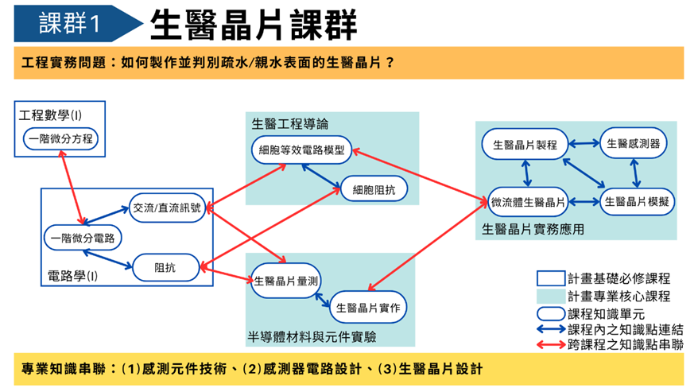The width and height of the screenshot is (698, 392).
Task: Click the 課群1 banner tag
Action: point(70,23)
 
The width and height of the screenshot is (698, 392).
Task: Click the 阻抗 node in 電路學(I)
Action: point(165,267)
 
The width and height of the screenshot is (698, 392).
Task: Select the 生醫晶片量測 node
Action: point(286,281)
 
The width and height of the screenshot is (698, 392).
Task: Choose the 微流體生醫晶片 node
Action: point(527,203)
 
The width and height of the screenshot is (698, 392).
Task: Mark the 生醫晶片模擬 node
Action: point(636,202)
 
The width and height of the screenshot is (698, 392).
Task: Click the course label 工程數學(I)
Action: point(50,115)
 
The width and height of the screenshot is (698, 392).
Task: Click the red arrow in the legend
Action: point(550,345)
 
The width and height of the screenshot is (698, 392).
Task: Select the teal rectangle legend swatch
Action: point(550,296)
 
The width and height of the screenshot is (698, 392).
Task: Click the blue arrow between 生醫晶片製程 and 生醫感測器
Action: point(583,145)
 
